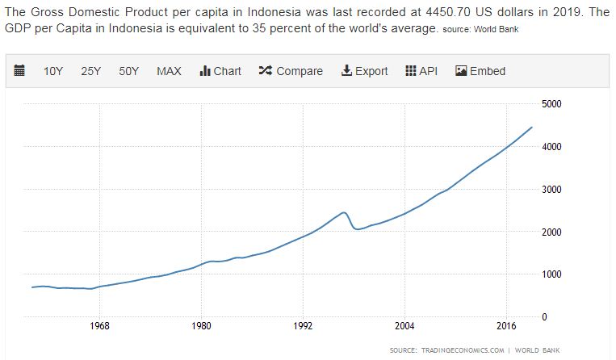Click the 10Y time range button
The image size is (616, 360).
click(x=53, y=71)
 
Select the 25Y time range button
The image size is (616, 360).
click(x=90, y=71)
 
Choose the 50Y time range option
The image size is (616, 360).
click(x=128, y=71)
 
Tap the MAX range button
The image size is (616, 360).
click(x=169, y=71)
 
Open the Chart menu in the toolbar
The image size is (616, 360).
click(x=220, y=71)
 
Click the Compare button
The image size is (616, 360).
click(x=291, y=71)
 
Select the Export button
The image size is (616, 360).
click(x=365, y=71)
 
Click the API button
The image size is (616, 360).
click(x=421, y=71)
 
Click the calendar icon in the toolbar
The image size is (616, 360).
click(x=20, y=71)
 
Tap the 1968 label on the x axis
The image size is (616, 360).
click(x=100, y=327)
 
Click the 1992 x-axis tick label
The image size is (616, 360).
click(x=303, y=327)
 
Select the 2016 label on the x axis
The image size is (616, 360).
click(x=506, y=327)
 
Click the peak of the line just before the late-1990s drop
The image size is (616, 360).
click(x=344, y=212)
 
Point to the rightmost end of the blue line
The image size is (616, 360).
click(x=531, y=127)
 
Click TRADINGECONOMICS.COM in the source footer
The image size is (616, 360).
click(x=463, y=350)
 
